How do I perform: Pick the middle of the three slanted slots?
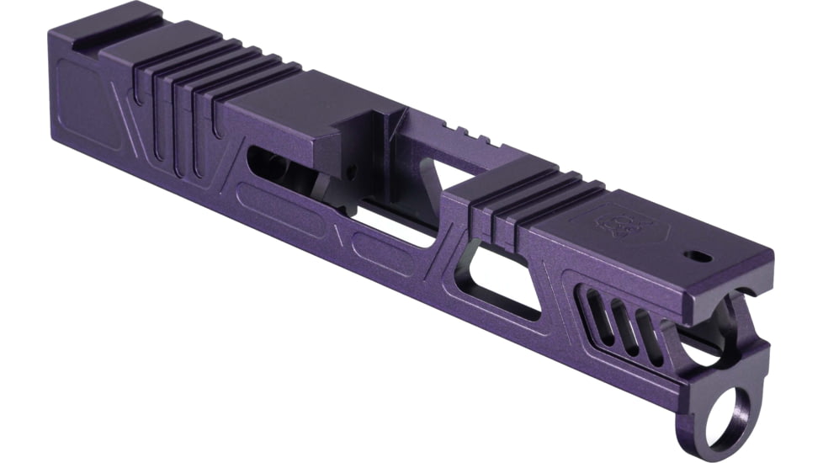coord(621,319)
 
